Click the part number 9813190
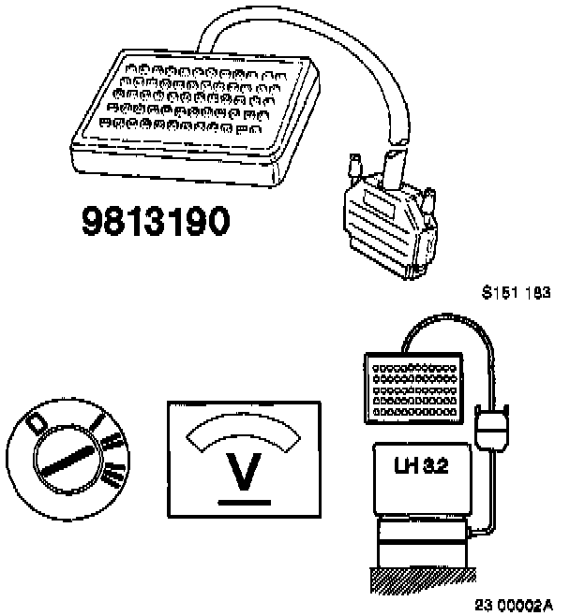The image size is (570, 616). pos(156,224)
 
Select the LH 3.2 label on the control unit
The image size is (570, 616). pos(420,465)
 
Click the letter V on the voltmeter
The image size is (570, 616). pos(244,472)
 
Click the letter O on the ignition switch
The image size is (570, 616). pos(38,423)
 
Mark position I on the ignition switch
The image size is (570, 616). pos(97,428)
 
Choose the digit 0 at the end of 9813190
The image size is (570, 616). pos(216,224)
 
